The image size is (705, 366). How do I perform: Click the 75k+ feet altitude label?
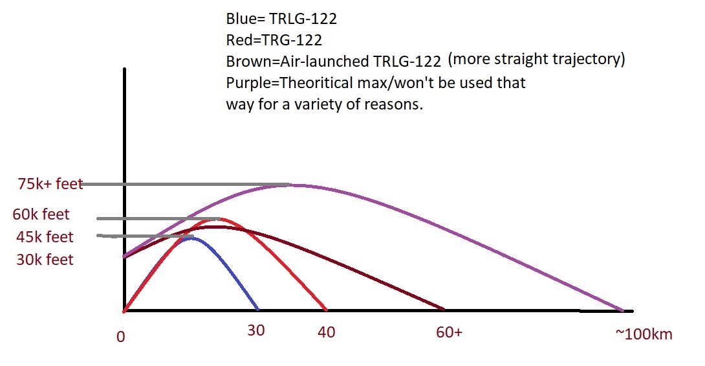tap(50, 184)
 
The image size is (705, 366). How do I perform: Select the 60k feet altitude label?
tap(41, 214)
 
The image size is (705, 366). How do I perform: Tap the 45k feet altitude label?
tap(45, 237)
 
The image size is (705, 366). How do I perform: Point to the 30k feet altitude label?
tap(45, 260)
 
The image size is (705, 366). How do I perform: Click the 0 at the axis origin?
tap(120, 337)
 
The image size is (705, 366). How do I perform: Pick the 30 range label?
tap(256, 330)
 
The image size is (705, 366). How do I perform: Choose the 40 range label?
tap(327, 332)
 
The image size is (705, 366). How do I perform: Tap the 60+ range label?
tap(449, 332)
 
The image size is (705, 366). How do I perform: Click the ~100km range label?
tap(644, 334)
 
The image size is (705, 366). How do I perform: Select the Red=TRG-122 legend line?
tap(274, 40)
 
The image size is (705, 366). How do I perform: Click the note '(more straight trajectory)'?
tap(536, 60)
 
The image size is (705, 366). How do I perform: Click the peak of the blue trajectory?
tap(191, 238)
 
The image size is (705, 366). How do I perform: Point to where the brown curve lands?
tap(443, 309)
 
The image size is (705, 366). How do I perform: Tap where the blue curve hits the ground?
tap(257, 309)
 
